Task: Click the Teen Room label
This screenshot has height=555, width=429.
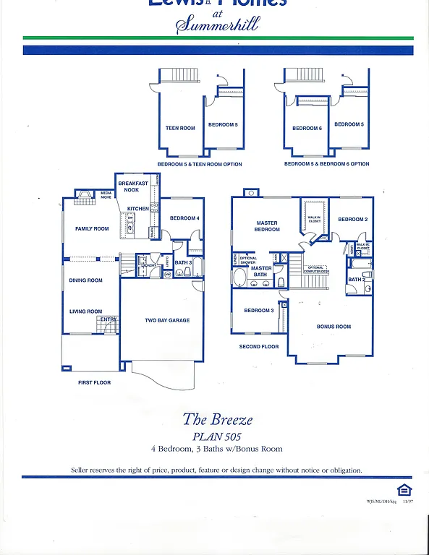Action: tap(180, 129)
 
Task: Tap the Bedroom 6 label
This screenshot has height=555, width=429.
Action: tap(306, 129)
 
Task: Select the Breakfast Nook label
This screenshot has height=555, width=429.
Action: tap(133, 186)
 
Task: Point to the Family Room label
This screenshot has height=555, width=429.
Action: tap(92, 229)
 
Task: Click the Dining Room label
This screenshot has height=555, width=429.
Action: tap(85, 280)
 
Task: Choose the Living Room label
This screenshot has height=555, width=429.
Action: tap(85, 311)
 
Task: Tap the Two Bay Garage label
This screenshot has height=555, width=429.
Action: tap(167, 320)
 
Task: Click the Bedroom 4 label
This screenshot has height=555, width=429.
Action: tap(184, 218)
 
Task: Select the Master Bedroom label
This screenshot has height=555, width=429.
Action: tap(267, 226)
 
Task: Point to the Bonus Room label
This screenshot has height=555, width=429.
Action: tap(334, 327)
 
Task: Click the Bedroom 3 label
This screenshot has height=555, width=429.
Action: tap(258, 311)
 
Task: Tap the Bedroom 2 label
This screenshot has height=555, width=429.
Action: tap(353, 219)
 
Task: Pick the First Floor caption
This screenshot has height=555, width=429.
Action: tap(94, 382)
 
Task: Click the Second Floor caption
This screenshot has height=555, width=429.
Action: tap(259, 347)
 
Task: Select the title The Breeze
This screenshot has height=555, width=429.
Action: tap(217, 419)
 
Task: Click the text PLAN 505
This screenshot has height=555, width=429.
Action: tap(217, 436)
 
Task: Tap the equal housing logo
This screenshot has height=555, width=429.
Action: tap(404, 489)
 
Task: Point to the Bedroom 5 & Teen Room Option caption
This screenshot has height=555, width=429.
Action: tap(200, 164)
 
